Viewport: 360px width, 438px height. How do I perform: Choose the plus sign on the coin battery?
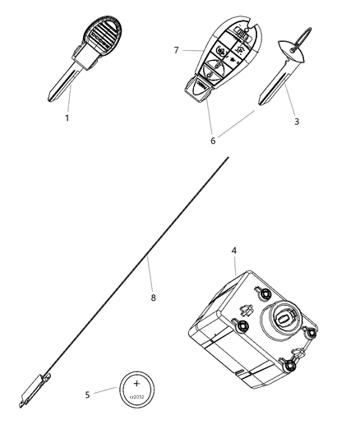point(137,381)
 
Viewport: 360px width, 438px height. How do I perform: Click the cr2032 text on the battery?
point(137,396)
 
